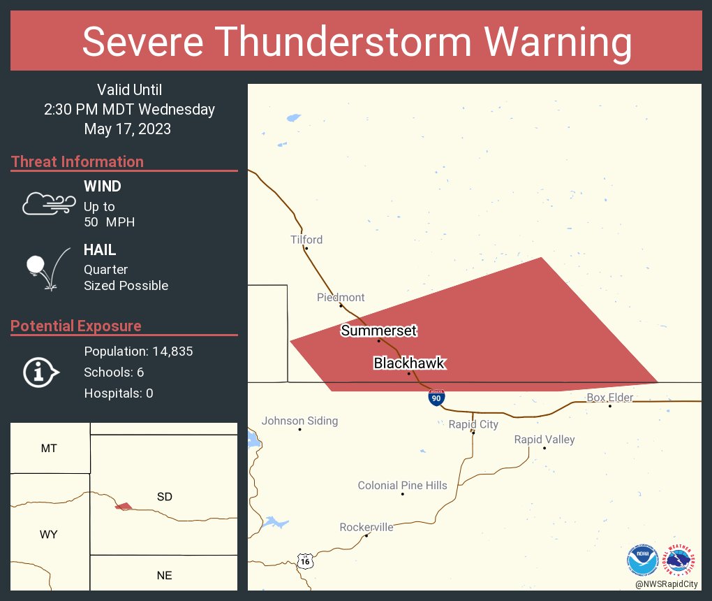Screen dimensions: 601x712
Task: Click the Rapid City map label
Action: coord(473,424)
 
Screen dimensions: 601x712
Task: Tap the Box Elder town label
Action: coord(609,398)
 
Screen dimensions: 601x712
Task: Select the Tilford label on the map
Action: coord(306,240)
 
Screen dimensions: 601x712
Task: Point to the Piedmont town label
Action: coord(341,297)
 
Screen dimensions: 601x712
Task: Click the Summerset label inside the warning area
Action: coord(379,331)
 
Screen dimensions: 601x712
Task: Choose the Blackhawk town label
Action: coord(409,363)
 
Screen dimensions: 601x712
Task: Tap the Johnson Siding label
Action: coord(299,421)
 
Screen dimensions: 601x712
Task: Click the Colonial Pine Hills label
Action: coord(402,485)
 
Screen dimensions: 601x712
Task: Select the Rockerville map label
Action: coord(366,527)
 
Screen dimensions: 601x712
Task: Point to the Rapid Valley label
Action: coord(544,440)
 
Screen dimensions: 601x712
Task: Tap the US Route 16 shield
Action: coord(304,561)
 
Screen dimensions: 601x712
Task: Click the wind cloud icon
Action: coord(48,203)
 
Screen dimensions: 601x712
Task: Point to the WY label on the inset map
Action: coord(48,535)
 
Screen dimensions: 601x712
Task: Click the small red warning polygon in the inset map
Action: coord(124,506)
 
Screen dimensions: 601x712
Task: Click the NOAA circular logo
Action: coord(643,560)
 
